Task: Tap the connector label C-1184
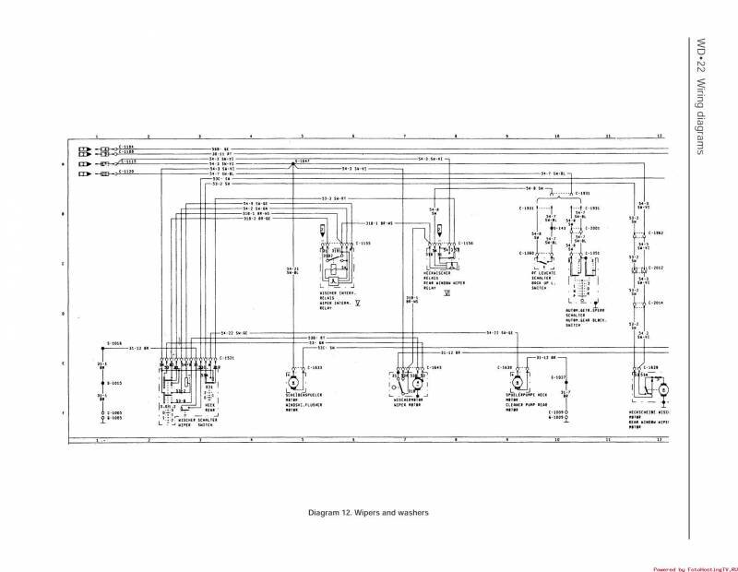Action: [x=127, y=147]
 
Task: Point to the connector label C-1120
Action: [x=127, y=172]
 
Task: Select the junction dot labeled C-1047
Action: [x=294, y=162]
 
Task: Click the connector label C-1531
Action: [x=227, y=357]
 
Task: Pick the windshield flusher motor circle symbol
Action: [x=293, y=381]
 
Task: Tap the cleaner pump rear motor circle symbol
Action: [x=518, y=381]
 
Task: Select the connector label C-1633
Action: [x=315, y=367]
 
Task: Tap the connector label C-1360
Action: [x=527, y=252]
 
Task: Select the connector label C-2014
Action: [x=655, y=303]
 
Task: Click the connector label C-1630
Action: [x=504, y=367]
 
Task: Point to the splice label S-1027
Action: [x=560, y=377]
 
